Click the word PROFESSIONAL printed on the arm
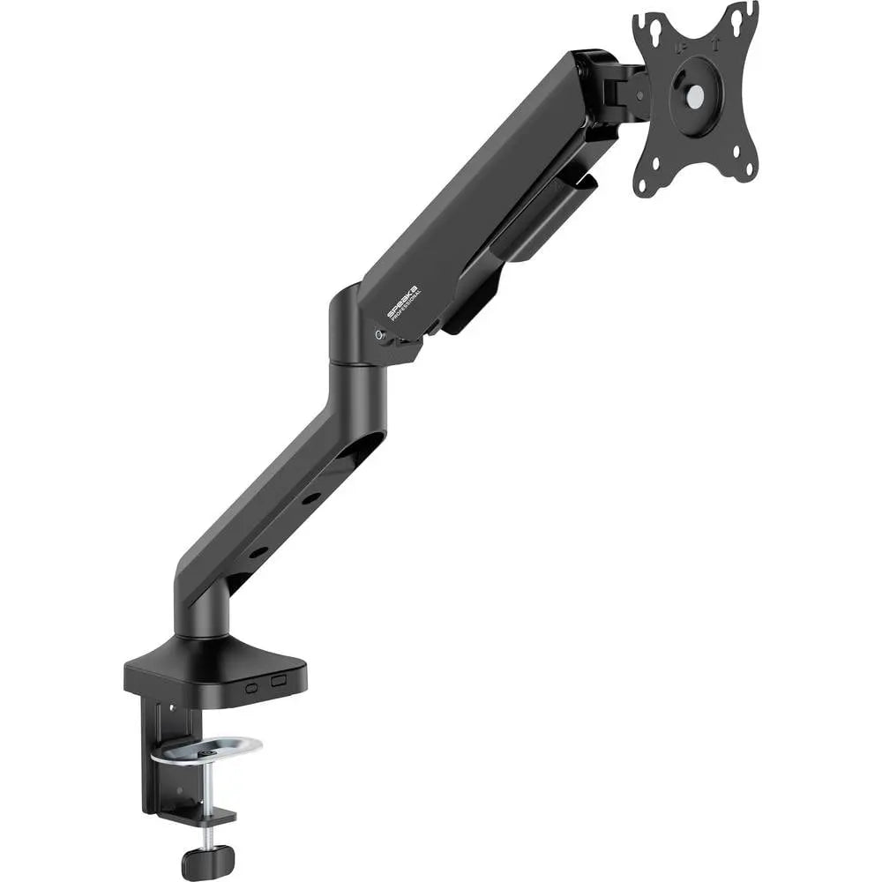(412, 303)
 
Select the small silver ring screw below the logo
(380, 335)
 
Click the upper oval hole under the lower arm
(311, 499)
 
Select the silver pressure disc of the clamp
(206, 751)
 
